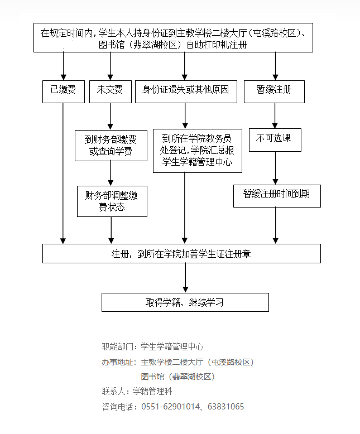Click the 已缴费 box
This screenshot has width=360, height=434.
click(63, 90)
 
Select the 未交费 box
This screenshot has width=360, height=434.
click(110, 90)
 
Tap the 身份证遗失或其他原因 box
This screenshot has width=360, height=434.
click(185, 90)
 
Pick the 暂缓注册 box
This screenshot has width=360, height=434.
click(274, 90)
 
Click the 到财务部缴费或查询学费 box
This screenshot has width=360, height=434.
click(111, 145)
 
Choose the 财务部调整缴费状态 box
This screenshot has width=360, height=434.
click(112, 201)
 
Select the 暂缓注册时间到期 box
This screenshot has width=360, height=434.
click(277, 196)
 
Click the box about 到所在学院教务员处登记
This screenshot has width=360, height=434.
click(193, 150)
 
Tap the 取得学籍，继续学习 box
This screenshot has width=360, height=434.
click(185, 302)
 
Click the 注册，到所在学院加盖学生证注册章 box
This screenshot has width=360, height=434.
click(182, 253)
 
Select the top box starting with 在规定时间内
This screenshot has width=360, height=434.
click(173, 38)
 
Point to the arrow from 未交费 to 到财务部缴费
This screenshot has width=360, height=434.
click(110, 116)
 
